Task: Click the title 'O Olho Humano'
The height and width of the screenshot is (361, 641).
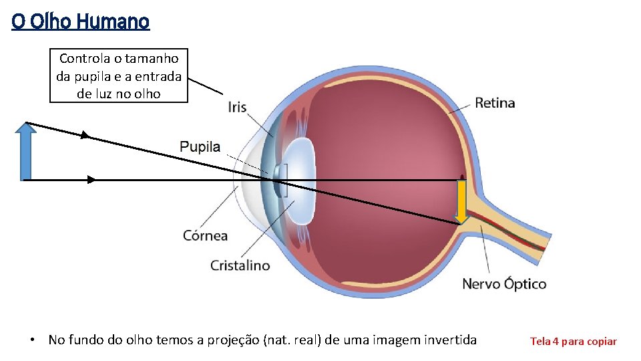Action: coord(80,22)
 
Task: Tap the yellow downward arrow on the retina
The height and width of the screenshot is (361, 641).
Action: coord(461,201)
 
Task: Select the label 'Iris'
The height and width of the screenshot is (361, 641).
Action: coord(237,107)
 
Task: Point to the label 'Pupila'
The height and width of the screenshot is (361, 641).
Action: coord(200,147)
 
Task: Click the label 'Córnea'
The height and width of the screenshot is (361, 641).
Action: coord(205,235)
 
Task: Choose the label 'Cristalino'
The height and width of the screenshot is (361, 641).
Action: coord(240,265)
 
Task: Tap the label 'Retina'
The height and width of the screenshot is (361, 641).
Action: coord(495,103)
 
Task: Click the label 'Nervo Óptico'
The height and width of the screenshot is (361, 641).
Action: coord(504,284)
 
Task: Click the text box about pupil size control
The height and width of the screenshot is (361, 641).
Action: coord(119,76)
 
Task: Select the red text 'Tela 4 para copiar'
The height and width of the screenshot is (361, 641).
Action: coord(573,342)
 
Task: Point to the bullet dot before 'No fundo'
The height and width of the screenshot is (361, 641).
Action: coord(32,340)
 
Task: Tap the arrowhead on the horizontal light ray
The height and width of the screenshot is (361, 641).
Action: coord(91,180)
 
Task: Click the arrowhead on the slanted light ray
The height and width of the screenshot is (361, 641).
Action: coord(85,136)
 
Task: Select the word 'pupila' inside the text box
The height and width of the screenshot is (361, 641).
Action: coord(91,76)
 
